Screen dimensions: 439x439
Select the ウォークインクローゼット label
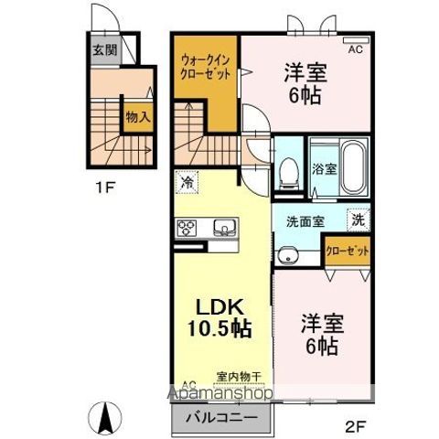(205, 65)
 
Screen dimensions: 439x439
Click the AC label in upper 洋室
(354, 49)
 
